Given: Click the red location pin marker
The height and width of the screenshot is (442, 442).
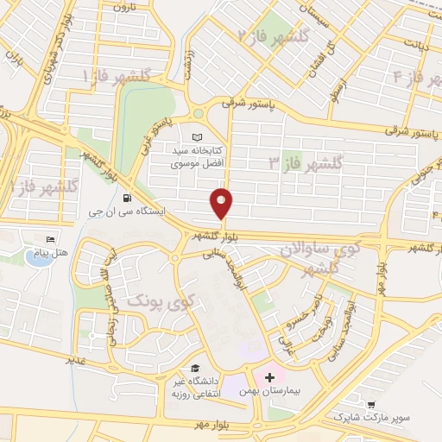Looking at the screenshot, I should (x=222, y=203).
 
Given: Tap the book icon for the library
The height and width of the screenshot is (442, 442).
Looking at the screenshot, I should (x=198, y=137).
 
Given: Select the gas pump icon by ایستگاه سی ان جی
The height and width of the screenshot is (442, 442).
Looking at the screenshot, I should (x=128, y=195).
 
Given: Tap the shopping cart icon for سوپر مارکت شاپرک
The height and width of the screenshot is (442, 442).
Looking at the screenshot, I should (x=371, y=403).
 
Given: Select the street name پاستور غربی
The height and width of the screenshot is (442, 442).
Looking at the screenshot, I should (x=155, y=138).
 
